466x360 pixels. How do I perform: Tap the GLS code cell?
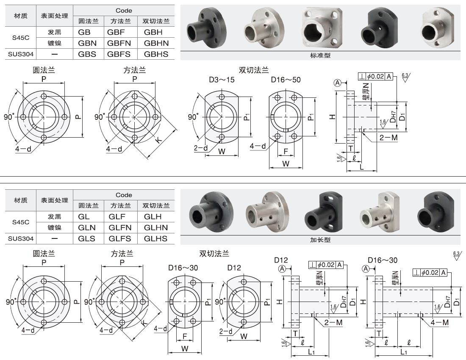pyautogui.click(x=87, y=238)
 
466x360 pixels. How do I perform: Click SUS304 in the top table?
pyautogui.click(x=21, y=54)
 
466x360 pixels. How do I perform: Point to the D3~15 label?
pyautogui.click(x=221, y=79)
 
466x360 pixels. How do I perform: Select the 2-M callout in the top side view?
pyautogui.click(x=388, y=138)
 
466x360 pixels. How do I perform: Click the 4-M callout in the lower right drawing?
pyautogui.click(x=439, y=322)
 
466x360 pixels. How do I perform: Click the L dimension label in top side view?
pyautogui.click(x=361, y=168)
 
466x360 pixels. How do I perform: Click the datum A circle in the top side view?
pyautogui.click(x=338, y=83)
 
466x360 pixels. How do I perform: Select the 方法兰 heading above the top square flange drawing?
pyautogui.click(x=134, y=71)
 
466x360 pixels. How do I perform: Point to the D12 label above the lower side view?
pyautogui.click(x=281, y=260)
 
